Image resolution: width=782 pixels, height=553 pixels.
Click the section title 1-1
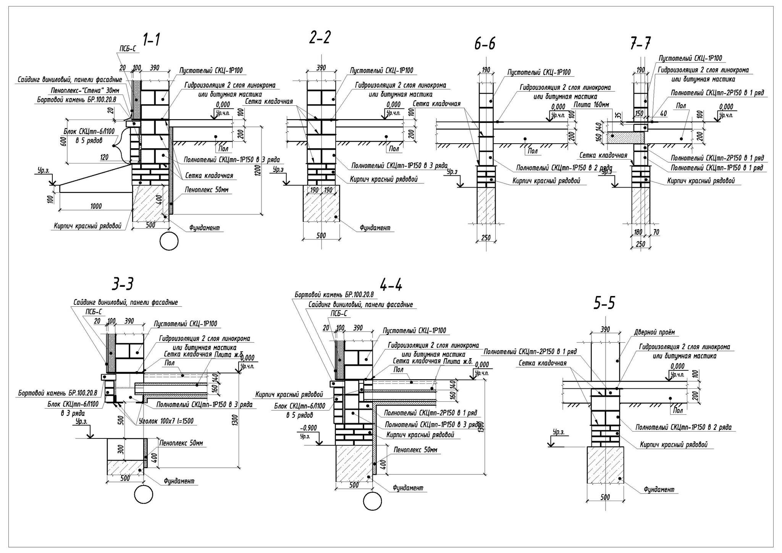(x=151, y=40)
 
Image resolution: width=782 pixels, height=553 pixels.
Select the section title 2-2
(x=320, y=38)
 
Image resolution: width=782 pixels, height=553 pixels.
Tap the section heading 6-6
(x=485, y=45)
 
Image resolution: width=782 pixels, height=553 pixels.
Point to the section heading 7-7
(x=641, y=45)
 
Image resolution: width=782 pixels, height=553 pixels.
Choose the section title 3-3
(x=123, y=285)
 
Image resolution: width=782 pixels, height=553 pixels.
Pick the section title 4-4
(x=391, y=285)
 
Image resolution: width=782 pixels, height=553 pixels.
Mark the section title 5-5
(x=604, y=304)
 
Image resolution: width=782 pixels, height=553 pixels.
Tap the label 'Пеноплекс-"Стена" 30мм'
(x=85, y=91)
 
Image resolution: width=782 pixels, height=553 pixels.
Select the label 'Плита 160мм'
(x=591, y=105)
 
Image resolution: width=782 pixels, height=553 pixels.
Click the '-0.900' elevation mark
(x=309, y=427)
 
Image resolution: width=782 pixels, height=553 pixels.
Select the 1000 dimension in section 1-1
(x=96, y=207)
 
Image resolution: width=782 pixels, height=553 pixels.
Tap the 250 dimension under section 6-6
(x=486, y=238)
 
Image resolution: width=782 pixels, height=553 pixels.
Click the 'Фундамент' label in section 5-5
(x=659, y=489)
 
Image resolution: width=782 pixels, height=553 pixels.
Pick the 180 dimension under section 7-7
(x=638, y=232)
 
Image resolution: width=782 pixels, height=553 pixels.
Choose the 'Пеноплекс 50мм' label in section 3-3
(x=181, y=443)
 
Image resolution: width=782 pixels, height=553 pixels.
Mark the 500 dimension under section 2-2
(x=321, y=236)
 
